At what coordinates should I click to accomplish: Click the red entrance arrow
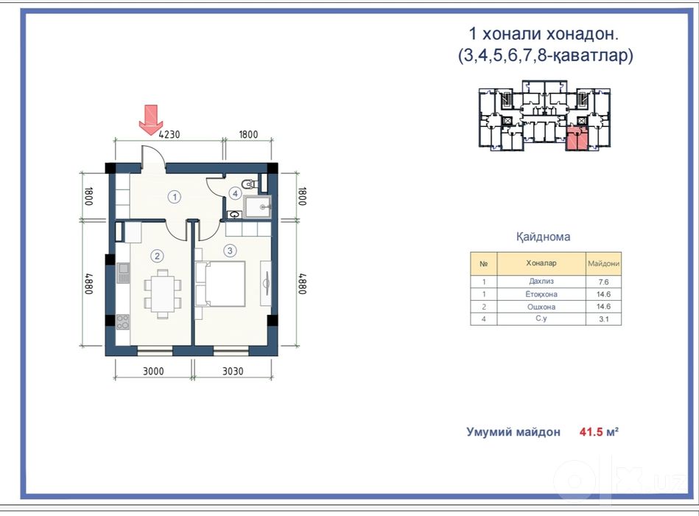pos(151,119)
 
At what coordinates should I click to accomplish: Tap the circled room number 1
pos(175,197)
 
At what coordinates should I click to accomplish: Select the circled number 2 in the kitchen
pos(156,256)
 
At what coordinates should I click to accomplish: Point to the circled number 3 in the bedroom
pos(230,251)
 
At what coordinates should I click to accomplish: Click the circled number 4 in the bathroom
pos(235,194)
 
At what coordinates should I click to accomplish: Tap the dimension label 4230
pos(169,134)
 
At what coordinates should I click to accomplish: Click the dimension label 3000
pos(153,371)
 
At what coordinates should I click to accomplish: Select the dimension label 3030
pos(233,371)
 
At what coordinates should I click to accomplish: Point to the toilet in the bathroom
pos(249,184)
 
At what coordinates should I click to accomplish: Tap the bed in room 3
pos(220,284)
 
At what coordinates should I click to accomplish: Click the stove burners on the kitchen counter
pos(122,322)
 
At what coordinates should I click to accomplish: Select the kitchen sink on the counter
pos(123,273)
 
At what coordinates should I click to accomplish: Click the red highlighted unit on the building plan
pos(577,139)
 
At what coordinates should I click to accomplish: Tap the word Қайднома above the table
pos(543,237)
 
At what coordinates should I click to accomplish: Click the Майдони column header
pos(603,264)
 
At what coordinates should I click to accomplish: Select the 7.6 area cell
pos(603,282)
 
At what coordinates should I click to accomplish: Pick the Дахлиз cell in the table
pos(541,282)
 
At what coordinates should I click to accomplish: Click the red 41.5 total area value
pos(591,432)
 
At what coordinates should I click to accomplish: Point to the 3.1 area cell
pos(603,319)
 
